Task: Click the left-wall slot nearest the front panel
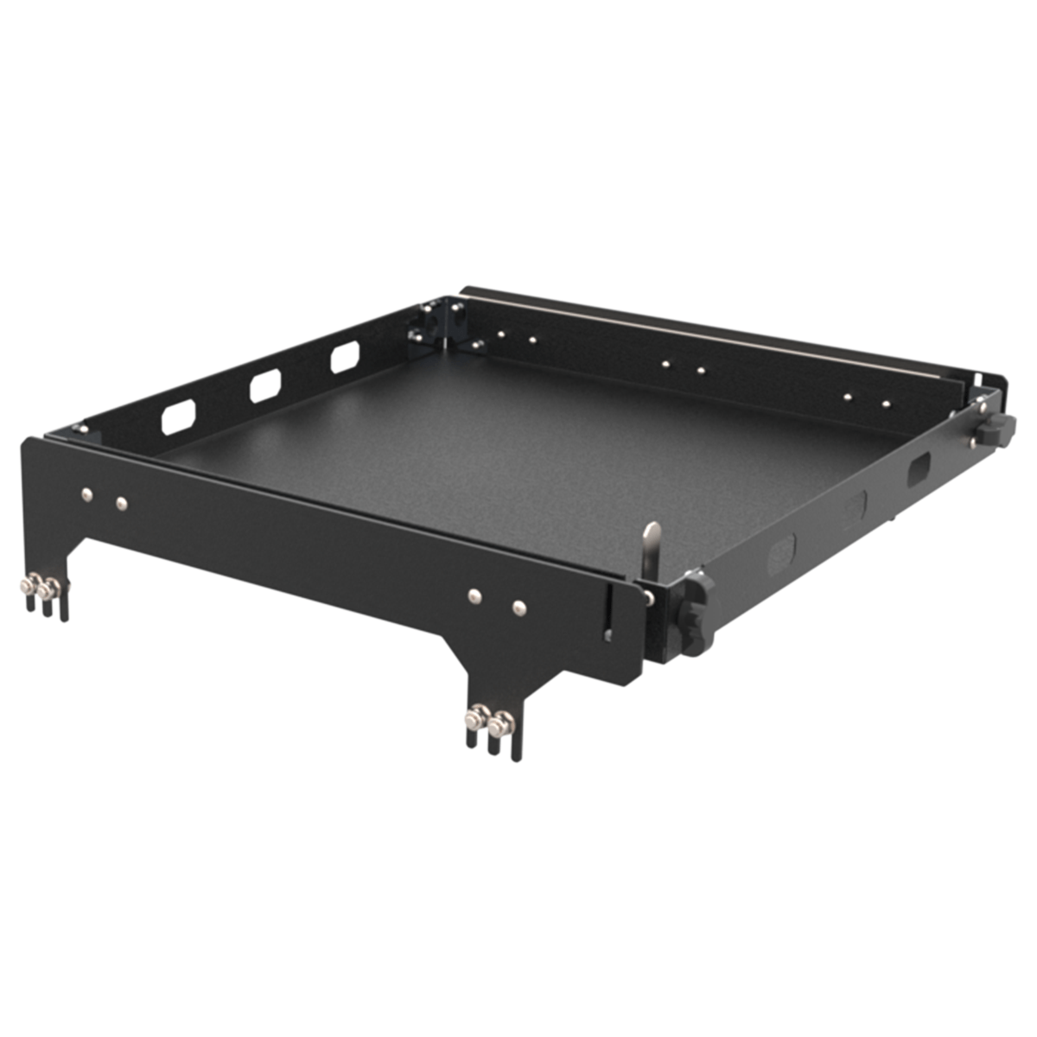[178, 418]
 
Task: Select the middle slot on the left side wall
[265, 385]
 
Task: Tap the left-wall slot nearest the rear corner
[345, 356]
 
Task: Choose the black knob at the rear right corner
[999, 429]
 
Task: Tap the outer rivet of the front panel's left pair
[86, 494]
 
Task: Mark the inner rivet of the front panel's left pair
[122, 502]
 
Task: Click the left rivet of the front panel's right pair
[474, 595]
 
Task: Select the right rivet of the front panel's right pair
[518, 608]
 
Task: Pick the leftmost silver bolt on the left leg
[29, 587]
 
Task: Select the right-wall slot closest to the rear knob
[919, 468]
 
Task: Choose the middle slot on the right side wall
[854, 507]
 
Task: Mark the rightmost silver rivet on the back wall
[886, 403]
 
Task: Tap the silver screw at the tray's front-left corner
[80, 427]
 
